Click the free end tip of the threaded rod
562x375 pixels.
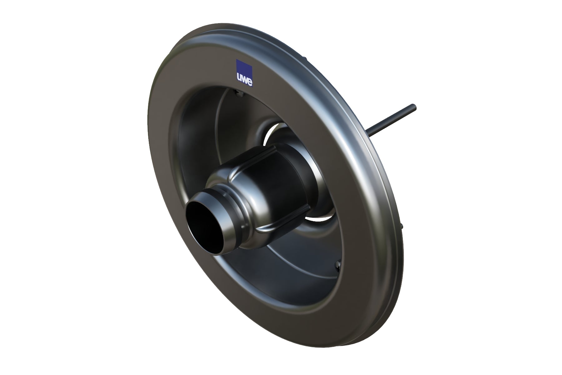tap(414, 106)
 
